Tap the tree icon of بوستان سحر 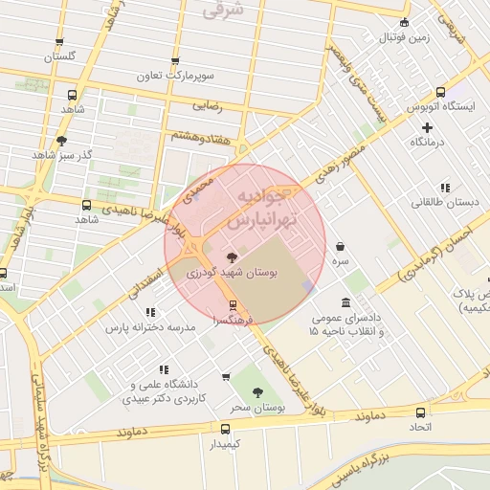[x=256, y=392]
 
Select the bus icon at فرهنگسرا [x=232, y=306]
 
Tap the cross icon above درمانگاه [x=427, y=127]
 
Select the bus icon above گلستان [x=59, y=43]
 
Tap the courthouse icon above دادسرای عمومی [x=318, y=303]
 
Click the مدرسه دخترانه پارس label [x=150, y=327]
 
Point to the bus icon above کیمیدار [x=225, y=430]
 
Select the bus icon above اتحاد [x=420, y=412]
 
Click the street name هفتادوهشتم [x=201, y=137]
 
